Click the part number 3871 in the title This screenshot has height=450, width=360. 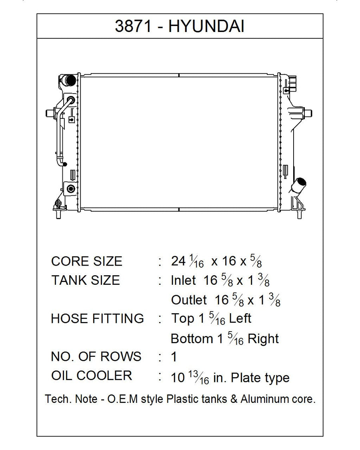pos(133,26)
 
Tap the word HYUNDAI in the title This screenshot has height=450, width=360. pos(206,26)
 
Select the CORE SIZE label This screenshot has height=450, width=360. pos(87,261)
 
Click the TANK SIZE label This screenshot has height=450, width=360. pos(86,280)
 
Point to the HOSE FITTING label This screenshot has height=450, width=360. pos(97,318)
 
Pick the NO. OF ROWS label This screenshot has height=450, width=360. pos(96,356)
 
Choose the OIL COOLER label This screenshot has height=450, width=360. pos(92,375)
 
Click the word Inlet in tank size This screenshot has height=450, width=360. pos(183,280)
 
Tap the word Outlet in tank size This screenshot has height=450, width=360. pos(189,300)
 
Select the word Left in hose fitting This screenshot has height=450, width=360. pos(240,318)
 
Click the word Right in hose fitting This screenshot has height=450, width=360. pos(263,339)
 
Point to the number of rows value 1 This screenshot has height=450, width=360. pos(174,357)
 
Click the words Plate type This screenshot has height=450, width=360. pos(260,378)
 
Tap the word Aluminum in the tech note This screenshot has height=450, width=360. pos(263,399)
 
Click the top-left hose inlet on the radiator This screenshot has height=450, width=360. pos(69,80)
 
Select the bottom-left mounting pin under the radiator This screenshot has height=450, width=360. pos(58,214)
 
